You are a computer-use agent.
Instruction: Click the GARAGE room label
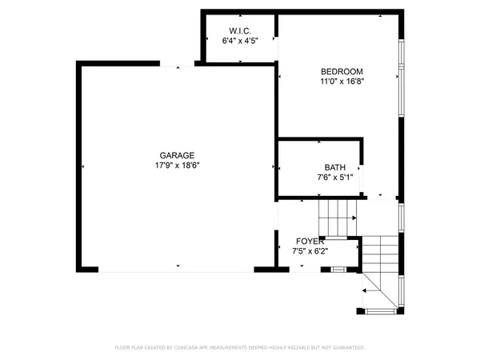point(177,156)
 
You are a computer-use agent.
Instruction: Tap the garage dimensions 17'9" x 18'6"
point(177,166)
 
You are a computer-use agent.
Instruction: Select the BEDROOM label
point(342,71)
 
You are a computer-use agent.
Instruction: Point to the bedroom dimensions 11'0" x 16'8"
point(342,81)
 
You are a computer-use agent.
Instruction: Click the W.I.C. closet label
point(237,31)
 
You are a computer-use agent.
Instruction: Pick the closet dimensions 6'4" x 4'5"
point(237,41)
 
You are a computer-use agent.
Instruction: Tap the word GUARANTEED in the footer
point(346,348)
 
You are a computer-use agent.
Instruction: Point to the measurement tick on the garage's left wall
point(83,166)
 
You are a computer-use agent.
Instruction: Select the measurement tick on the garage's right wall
point(273,166)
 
